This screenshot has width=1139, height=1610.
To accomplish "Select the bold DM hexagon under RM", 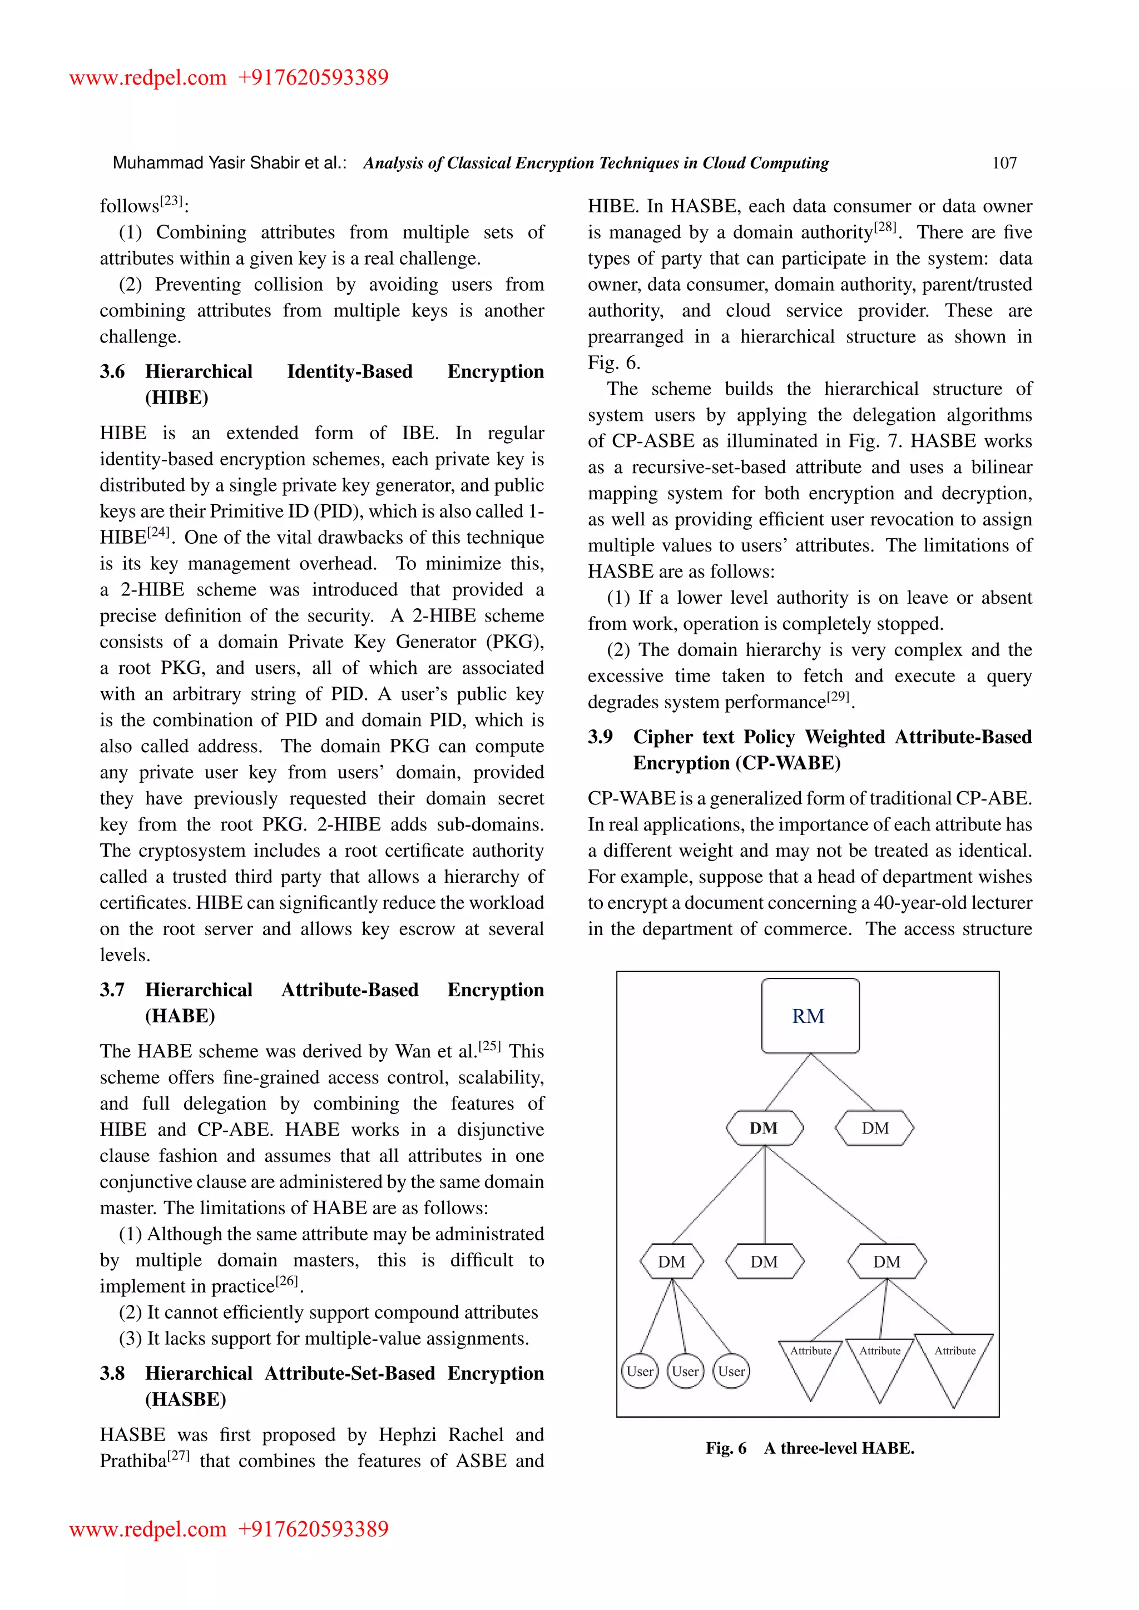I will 764,1128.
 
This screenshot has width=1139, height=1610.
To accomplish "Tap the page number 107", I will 1004,163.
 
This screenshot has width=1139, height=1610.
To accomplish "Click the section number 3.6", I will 112,372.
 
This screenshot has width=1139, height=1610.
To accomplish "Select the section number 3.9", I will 600,737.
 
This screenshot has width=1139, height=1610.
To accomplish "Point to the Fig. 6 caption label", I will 726,1448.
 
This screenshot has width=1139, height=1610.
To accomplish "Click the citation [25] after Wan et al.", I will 489,1046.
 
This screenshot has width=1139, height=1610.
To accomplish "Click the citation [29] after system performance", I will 838,697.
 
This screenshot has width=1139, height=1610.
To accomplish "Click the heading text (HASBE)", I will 186,1400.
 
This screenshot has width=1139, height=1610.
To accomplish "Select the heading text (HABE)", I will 180,1016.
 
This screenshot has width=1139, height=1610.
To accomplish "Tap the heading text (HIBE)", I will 177,397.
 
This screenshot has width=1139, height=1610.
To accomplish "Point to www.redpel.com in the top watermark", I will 148,77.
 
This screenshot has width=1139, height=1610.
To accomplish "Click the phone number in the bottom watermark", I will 313,1529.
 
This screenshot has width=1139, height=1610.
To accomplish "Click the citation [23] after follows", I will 171,201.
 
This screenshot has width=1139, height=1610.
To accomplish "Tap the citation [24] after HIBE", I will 159,532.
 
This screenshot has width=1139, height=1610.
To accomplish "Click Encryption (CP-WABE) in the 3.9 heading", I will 736,763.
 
